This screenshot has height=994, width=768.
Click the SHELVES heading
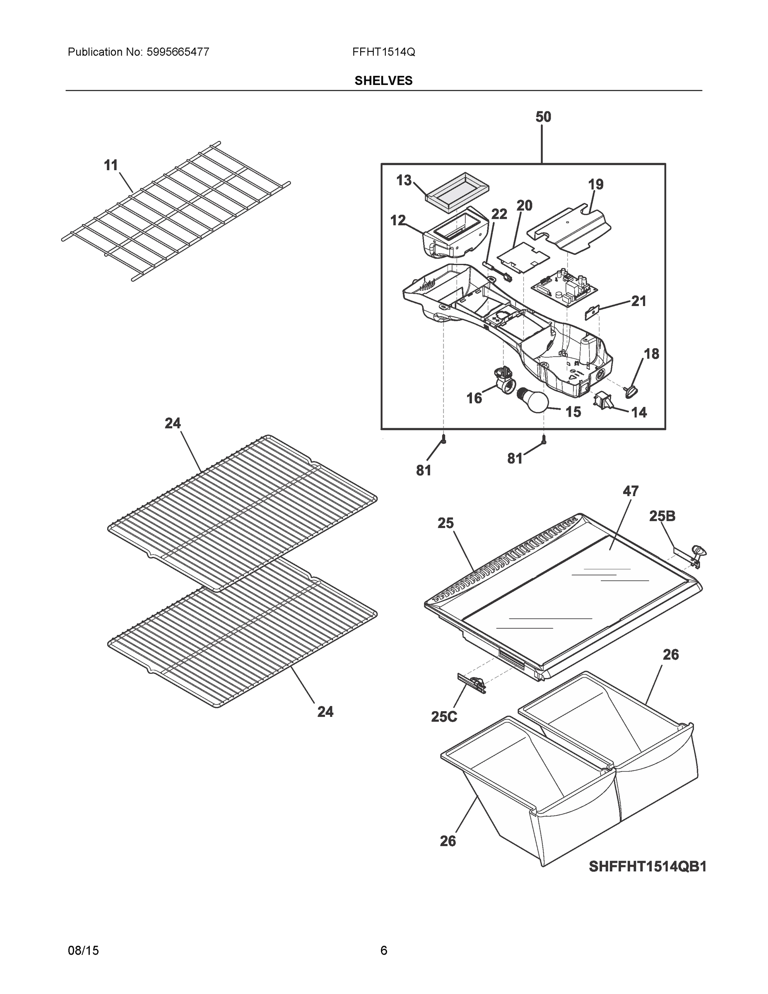[383, 81]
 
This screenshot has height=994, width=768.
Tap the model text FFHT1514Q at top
[383, 52]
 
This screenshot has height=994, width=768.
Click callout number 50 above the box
[543, 117]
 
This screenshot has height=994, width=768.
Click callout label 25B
[662, 516]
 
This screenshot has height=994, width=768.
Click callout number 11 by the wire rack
[111, 165]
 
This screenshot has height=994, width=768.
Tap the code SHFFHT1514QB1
[648, 867]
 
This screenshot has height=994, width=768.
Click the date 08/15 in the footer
[83, 951]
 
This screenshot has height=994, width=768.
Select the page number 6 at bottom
[383, 951]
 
